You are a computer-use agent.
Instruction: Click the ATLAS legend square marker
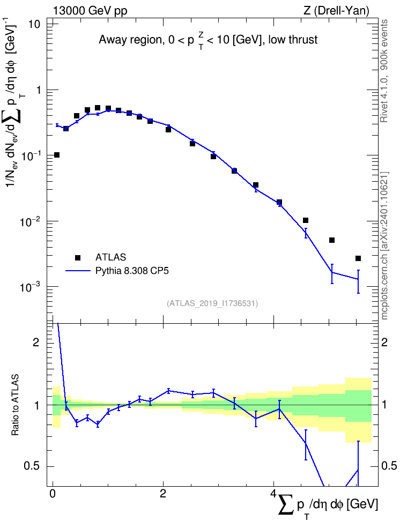coord(78,257)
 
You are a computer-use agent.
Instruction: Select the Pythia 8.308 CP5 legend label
coord(132,271)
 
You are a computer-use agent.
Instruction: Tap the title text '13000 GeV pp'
coord(90,11)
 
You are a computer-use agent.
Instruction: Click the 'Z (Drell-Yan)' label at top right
coord(336,11)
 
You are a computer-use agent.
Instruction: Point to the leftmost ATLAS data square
coord(57,155)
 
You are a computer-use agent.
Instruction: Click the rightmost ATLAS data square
coord(358,258)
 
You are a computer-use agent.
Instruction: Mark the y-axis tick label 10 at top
coord(33,24)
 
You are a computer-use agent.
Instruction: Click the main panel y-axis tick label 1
coord(37,90)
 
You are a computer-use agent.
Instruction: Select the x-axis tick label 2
coord(163,494)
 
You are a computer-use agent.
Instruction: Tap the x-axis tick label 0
coord(53,494)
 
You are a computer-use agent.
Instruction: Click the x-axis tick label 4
coord(273,494)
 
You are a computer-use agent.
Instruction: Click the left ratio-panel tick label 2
coord(36,342)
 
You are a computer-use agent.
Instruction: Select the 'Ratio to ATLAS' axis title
coord(15,405)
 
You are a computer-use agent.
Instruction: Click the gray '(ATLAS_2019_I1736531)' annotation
coord(212,303)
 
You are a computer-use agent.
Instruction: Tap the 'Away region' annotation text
coord(208,40)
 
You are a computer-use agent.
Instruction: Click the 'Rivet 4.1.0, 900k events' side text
coord(384,71)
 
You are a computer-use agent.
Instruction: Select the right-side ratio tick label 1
coord(384,405)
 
